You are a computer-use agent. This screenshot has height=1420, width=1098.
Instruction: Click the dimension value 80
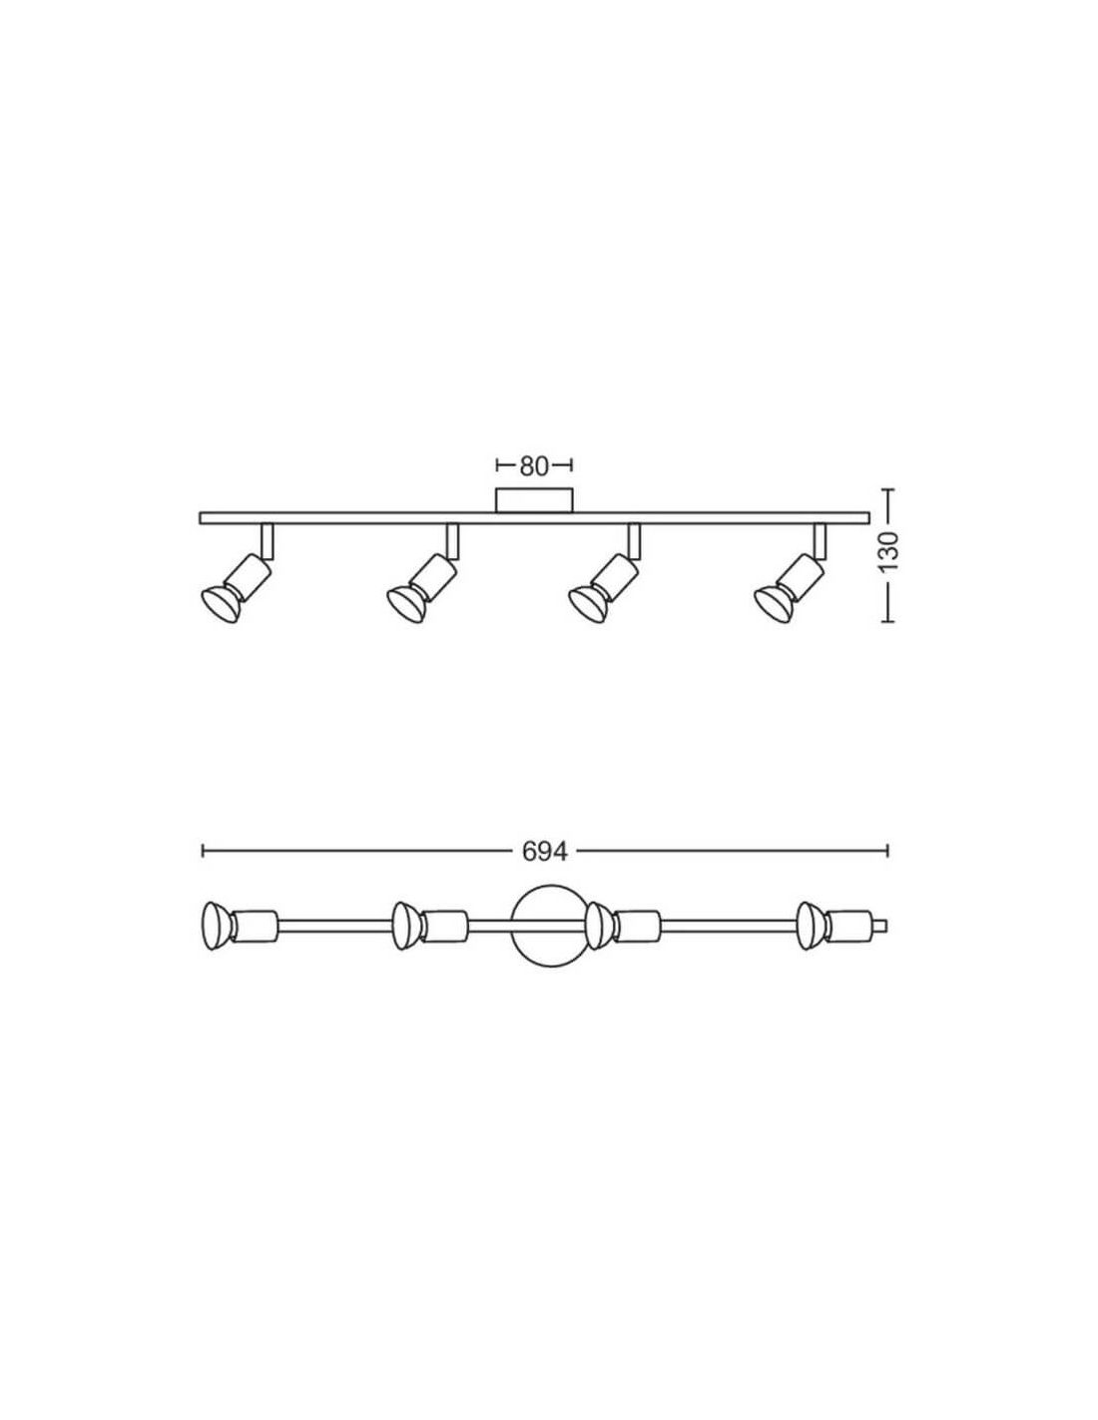click(534, 466)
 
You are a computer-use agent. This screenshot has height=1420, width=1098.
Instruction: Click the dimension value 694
click(545, 851)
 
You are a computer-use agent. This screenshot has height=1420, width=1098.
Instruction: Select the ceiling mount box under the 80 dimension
click(534, 500)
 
